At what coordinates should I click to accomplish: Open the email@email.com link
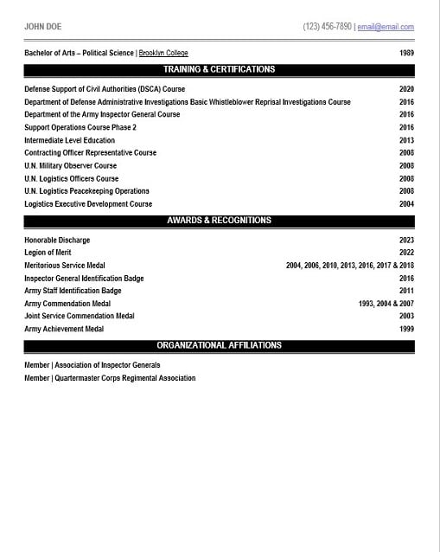(386, 28)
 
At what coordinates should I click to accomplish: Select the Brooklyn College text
(163, 53)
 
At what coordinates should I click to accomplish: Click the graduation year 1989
(406, 53)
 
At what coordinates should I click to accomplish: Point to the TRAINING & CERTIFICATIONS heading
(219, 69)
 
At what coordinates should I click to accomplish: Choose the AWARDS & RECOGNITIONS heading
(219, 221)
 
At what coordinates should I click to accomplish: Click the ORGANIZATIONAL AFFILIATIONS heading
(219, 345)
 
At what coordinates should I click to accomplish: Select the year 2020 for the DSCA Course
(406, 89)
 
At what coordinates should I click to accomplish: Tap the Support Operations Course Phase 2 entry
(80, 127)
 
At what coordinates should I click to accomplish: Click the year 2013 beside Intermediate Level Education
(406, 140)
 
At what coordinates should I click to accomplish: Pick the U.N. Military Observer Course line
(70, 165)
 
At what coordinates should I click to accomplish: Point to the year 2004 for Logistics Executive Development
(406, 204)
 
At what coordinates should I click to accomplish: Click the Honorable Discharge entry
(57, 240)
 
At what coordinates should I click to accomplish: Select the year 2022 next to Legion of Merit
(406, 253)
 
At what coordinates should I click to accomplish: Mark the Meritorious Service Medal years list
(350, 266)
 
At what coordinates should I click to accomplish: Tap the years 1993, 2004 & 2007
(386, 304)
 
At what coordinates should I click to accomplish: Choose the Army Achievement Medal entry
(64, 329)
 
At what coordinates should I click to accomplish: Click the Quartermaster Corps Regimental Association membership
(110, 378)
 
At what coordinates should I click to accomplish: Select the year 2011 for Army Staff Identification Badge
(406, 291)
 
